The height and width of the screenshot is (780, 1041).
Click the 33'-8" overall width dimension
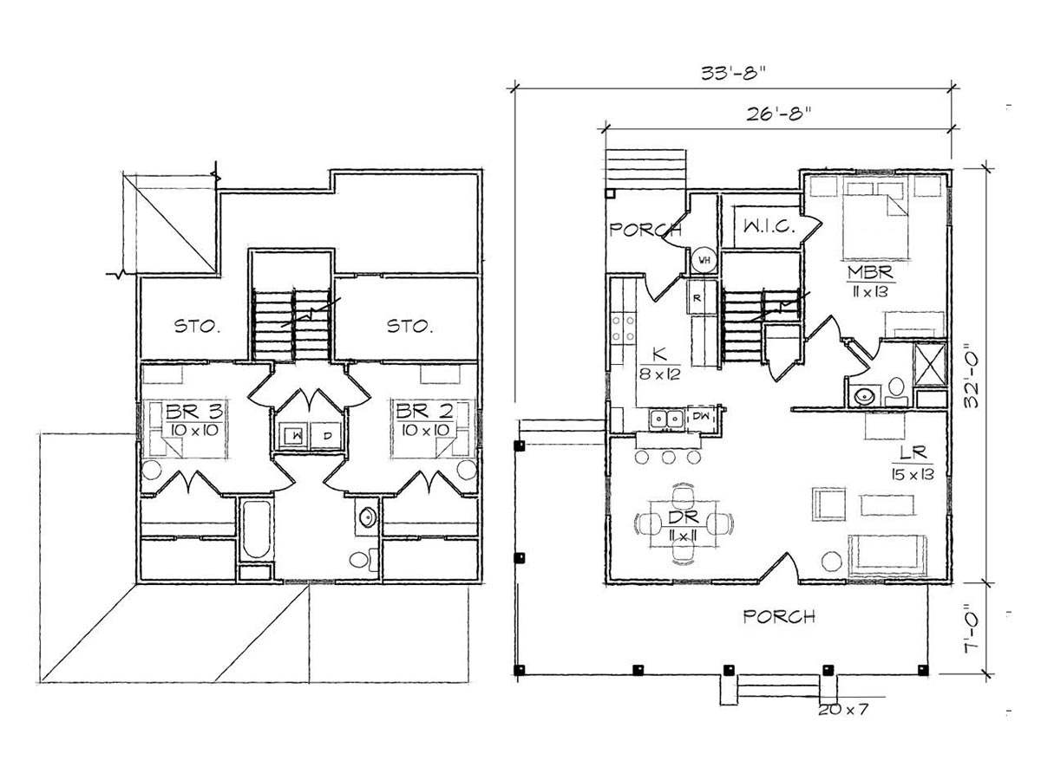(733, 74)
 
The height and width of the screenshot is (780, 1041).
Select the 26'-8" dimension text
(778, 114)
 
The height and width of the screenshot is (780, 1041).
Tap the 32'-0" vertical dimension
(972, 375)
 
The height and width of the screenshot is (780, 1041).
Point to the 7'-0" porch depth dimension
(972, 628)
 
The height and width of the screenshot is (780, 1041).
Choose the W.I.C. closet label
(769, 227)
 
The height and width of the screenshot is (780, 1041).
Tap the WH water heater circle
(704, 260)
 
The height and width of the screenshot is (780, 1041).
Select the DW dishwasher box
(701, 416)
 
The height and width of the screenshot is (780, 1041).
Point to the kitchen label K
(659, 354)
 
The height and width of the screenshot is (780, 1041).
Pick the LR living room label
(913, 452)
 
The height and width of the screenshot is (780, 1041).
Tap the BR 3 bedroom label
(194, 412)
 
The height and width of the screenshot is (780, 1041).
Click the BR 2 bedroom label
(425, 412)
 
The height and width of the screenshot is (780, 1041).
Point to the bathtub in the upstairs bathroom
(256, 529)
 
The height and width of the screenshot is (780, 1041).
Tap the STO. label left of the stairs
(197, 326)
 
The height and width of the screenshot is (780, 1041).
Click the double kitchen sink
(667, 419)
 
